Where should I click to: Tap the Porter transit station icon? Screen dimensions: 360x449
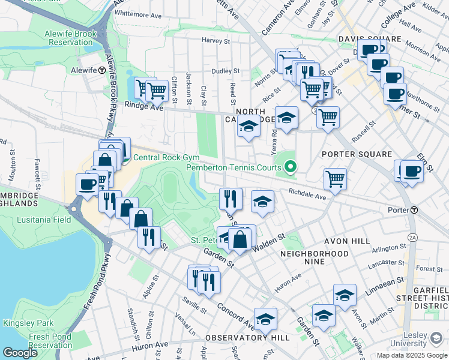[x=414, y=210]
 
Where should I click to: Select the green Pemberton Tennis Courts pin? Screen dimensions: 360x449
[x=291, y=166]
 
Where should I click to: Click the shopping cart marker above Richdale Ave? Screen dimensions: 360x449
[x=335, y=178]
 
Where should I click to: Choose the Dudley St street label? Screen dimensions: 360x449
[x=226, y=71]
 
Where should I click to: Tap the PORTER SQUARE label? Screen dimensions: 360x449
[x=357, y=154]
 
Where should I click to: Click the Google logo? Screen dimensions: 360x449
[x=20, y=353]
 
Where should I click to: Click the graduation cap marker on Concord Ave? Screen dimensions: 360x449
[x=265, y=320]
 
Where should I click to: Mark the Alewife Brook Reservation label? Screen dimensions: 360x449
[x=70, y=38]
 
